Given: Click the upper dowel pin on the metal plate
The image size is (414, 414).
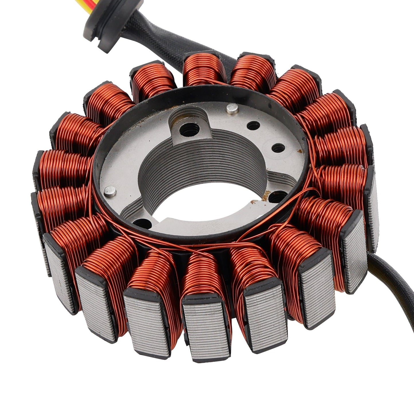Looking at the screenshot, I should point(232,109).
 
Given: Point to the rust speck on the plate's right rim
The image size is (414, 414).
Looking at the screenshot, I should point(300,150).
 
